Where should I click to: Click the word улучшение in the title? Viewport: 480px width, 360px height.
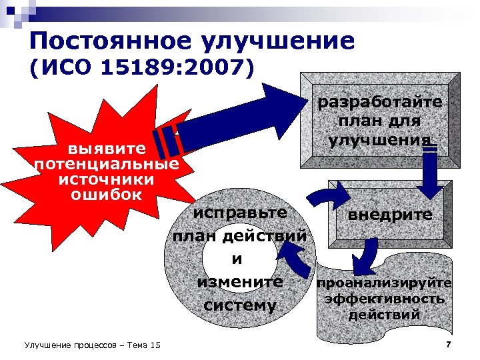coord(285,41)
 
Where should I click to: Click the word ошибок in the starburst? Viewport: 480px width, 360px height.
coord(107,195)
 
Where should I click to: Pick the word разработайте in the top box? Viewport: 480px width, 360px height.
coord(380,103)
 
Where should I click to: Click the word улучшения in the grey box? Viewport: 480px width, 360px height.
coord(380,141)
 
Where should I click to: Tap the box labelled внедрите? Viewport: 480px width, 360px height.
coord(389,215)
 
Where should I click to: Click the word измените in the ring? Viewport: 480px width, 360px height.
coord(240,282)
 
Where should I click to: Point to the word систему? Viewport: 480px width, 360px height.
coord(240,305)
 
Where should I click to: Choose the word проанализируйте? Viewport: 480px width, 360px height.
coord(384,283)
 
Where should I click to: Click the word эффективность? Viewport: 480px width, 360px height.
coord(384,299)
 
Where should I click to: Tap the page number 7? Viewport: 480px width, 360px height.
coord(448,344)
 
